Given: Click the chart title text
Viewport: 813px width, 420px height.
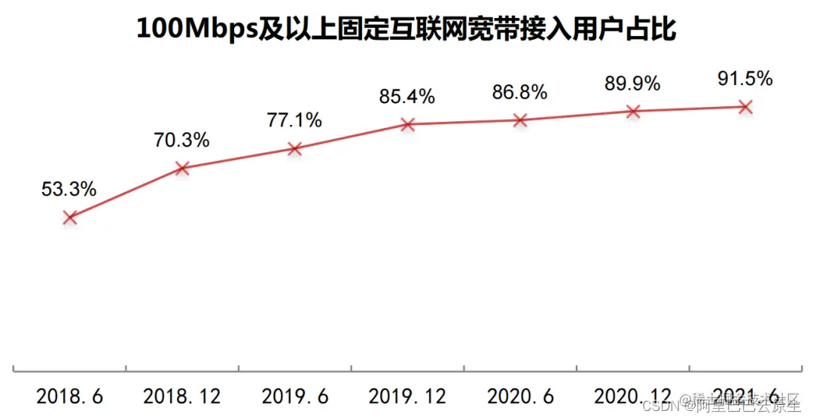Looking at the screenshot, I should click(406, 29).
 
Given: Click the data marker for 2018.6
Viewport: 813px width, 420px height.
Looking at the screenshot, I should click(70, 217).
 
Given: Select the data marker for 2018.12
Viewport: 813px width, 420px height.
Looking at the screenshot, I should click(181, 169).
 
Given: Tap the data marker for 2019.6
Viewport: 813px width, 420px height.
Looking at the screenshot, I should click(294, 149).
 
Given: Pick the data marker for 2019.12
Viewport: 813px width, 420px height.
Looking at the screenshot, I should click(407, 124).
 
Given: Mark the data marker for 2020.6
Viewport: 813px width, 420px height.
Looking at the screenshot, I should click(519, 120).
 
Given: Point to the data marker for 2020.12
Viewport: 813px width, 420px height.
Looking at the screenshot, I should click(632, 111).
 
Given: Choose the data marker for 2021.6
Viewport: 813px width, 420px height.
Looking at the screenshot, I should click(744, 107).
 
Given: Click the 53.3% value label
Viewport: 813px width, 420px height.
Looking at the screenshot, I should click(69, 190).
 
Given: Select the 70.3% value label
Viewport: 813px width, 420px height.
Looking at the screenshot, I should click(181, 140).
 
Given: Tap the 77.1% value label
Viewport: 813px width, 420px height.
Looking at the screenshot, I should click(294, 120).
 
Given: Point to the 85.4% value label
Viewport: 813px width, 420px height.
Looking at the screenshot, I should click(407, 96).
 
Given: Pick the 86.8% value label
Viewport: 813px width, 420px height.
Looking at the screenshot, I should click(519, 93).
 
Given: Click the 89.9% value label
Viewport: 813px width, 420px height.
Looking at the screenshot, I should click(632, 84).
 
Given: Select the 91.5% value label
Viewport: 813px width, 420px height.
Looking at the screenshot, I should click(744, 79).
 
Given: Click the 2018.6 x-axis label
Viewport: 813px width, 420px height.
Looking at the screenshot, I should click(70, 396).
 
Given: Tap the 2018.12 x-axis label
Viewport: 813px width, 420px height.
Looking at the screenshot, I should click(181, 396).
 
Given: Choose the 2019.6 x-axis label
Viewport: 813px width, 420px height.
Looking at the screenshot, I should click(294, 396).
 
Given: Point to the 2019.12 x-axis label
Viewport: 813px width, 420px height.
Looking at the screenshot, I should click(407, 396).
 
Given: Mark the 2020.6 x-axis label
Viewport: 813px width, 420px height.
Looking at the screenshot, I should click(519, 396).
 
